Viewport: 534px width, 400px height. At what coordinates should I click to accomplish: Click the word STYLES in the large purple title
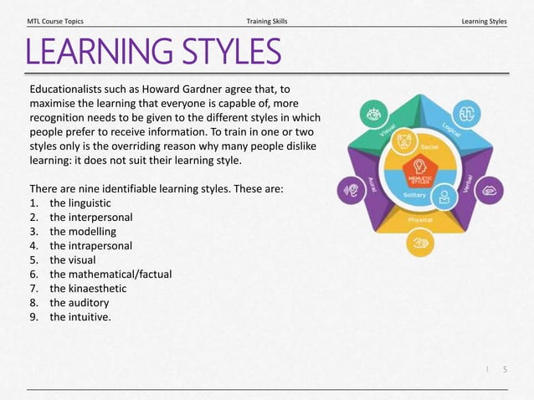[x=223, y=52]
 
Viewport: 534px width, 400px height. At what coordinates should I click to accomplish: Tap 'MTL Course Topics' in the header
[x=55, y=20]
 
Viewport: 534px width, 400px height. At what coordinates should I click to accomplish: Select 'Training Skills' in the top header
[x=267, y=20]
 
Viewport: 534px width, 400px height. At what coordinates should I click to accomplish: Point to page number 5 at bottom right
[x=505, y=369]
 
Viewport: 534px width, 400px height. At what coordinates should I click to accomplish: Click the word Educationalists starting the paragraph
[x=69, y=88]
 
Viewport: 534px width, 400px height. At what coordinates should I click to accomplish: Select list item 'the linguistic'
[x=80, y=203]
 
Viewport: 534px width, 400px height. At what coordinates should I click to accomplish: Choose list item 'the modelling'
[x=83, y=232]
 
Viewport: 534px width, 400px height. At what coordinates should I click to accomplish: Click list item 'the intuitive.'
[x=80, y=317]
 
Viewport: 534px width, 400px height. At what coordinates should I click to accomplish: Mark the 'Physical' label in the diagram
[x=419, y=220]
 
